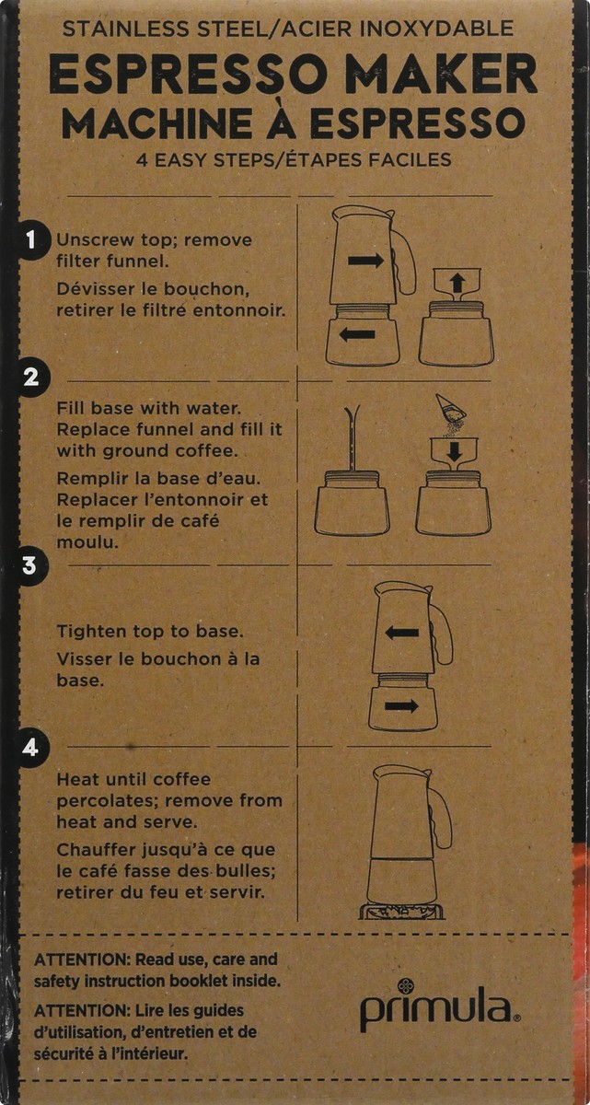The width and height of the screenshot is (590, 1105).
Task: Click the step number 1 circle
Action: click(x=30, y=241)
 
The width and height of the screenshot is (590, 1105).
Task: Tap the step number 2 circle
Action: click(x=30, y=378)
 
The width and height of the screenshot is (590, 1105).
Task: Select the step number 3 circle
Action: click(x=30, y=564)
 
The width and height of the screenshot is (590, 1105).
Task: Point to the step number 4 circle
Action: click(x=30, y=747)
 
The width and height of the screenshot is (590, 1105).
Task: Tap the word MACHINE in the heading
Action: click(x=151, y=122)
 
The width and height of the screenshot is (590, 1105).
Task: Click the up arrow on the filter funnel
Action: click(x=457, y=283)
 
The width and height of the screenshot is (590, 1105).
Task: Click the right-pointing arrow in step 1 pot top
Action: click(x=365, y=261)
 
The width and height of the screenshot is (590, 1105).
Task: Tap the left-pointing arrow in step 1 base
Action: click(x=357, y=334)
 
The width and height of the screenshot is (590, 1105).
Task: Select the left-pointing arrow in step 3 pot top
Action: click(x=402, y=633)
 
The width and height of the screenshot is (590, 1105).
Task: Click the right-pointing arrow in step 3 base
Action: click(x=401, y=705)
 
